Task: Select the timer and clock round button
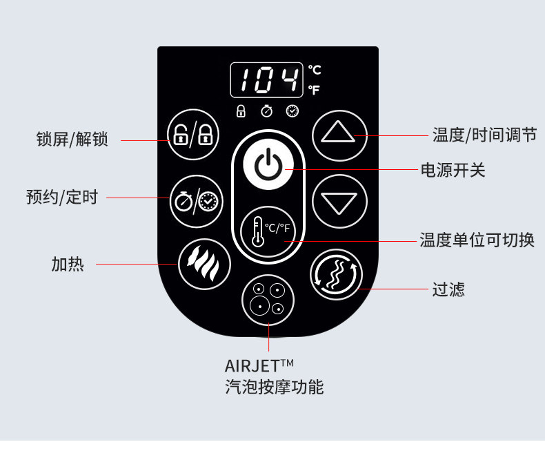click(x=197, y=201)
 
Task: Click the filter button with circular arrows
click(x=336, y=274)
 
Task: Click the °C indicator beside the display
click(x=314, y=70)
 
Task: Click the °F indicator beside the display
click(x=314, y=90)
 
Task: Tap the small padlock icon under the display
click(x=241, y=111)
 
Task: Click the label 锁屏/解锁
click(x=72, y=140)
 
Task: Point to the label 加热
click(x=68, y=264)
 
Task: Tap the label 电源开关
click(x=453, y=170)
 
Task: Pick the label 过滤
click(x=448, y=289)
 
